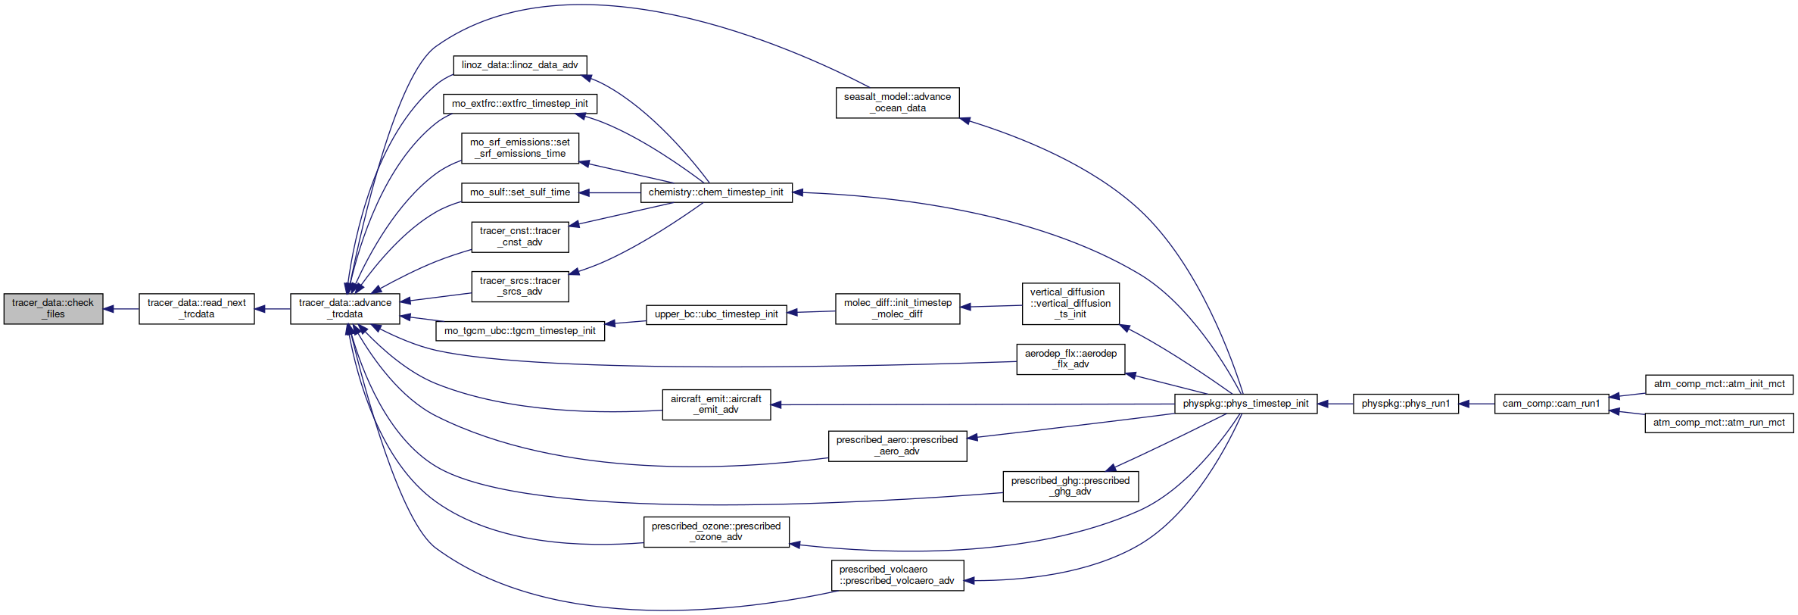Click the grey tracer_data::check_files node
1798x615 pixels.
[x=53, y=309]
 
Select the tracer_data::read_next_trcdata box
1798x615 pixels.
[x=197, y=309]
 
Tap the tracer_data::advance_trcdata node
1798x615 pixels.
[x=345, y=309]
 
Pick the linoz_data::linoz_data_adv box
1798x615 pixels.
[x=520, y=65]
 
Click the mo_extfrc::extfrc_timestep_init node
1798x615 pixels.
[x=520, y=104]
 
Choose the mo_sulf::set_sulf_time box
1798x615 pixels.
[x=520, y=192]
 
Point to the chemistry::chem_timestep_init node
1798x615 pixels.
[x=716, y=192]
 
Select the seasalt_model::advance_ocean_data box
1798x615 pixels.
[x=898, y=103]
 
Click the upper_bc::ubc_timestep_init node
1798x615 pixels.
[x=716, y=314]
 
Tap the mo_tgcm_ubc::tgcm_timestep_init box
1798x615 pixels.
[x=520, y=331]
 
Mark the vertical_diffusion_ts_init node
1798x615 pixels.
[x=1070, y=304]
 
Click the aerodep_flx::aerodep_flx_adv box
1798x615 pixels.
[x=1070, y=359]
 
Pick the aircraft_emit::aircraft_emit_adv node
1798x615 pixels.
[x=716, y=404]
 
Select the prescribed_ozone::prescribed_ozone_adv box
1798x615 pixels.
[x=716, y=532]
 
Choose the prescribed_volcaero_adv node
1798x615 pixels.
[x=898, y=576]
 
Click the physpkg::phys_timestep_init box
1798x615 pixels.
[x=1246, y=404]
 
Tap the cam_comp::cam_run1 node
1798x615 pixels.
[x=1552, y=404]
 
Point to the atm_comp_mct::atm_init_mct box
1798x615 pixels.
[x=1719, y=384]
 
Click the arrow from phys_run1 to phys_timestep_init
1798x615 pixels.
[x=1335, y=404]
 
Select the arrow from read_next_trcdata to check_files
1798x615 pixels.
[x=121, y=309]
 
